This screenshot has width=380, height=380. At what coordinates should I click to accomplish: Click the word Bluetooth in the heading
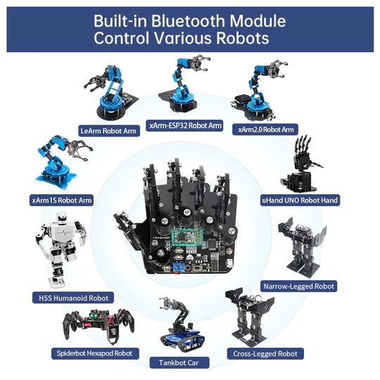[x=189, y=21]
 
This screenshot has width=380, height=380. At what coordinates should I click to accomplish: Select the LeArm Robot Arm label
[x=109, y=131]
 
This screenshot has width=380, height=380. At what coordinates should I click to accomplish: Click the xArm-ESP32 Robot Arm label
[x=184, y=125]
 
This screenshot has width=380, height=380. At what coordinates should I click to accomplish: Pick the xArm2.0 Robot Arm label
[x=265, y=129]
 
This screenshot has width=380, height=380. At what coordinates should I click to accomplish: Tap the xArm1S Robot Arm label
[x=61, y=200]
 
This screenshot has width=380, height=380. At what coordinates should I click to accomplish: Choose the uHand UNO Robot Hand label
[x=300, y=200]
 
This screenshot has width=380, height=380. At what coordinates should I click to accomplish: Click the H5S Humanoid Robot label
[x=73, y=298]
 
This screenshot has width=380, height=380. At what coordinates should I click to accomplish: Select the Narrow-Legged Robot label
[x=298, y=286]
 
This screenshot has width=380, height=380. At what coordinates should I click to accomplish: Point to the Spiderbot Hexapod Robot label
[x=95, y=353]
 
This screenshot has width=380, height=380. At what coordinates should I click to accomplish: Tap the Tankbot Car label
[x=179, y=362]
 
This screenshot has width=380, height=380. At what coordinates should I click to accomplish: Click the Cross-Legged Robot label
[x=265, y=353]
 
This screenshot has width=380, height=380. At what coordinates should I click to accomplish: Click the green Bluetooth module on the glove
[x=187, y=236]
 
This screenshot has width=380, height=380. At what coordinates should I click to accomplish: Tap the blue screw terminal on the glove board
[x=179, y=267]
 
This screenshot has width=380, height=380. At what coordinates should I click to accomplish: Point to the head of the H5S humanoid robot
[x=61, y=217]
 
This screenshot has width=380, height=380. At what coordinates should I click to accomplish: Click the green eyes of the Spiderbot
[x=94, y=315]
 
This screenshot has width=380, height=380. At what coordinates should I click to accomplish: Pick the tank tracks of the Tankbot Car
[x=183, y=342]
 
